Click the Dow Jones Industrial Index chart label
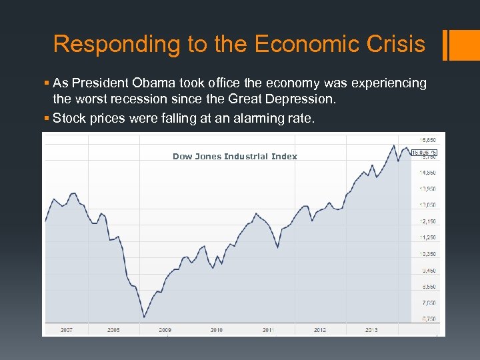tap(235, 156)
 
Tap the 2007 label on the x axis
tap(67, 329)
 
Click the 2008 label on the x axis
tap(113, 329)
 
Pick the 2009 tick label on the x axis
tap(165, 329)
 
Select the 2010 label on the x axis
tap(216, 329)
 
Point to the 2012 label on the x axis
tap(319, 329)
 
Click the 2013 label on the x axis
tap(371, 329)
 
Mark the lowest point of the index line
tap(143, 317)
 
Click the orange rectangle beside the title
tap(457, 44)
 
